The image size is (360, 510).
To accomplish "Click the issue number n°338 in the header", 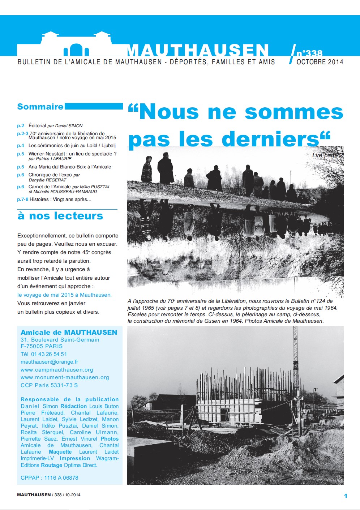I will coord(309,53).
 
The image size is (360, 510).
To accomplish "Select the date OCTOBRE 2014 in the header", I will coord(320,62).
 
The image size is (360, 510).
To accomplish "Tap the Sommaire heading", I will coord(40,107).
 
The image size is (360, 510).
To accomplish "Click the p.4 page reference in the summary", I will coord(21,146).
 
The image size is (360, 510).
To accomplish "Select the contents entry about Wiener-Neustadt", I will coord(72,154).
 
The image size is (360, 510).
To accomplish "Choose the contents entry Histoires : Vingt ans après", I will coord(60,200).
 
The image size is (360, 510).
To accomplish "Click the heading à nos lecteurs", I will coord(60,216).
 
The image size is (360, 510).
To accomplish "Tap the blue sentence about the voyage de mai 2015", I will coord(64,295).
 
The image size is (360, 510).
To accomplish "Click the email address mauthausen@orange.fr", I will coord(49,362).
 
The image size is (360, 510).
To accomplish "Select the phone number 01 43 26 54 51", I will coord(49,354).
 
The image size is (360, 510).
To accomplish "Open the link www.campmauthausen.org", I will coord(57,370).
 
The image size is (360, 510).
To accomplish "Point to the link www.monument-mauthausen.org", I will coord(65,377).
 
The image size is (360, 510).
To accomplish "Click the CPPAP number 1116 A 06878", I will coord(61,478).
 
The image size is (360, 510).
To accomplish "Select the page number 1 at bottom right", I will coord(346,496).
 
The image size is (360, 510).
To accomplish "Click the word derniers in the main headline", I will coord(270,139).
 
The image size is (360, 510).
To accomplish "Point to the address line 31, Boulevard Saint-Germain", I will coord(60,340).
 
